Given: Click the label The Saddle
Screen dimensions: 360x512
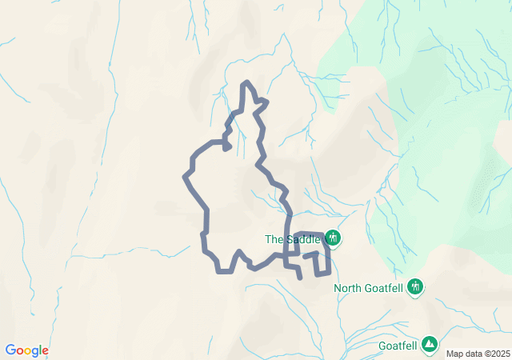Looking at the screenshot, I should coord(293,239).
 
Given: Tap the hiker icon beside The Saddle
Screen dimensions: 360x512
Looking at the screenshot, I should coord(333,238).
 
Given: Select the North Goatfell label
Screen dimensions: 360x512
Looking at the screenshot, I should coord(368,288).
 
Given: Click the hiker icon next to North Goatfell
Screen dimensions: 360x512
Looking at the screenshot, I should coord(415,286).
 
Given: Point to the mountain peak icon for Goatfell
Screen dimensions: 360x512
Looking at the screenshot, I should coord(430,344).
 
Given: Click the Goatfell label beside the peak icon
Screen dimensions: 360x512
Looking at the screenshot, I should coord(398,346).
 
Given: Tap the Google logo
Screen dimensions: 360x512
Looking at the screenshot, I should coord(26,350).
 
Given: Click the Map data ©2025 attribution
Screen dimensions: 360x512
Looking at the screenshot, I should coord(477,354).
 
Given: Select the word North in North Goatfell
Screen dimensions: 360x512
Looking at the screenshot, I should coord(349,288).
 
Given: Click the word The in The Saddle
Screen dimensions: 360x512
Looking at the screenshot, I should coord(274,239).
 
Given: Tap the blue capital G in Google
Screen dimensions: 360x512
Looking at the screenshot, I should coord(10,350).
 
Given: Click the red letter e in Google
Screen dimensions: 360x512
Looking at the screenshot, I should coord(45,351).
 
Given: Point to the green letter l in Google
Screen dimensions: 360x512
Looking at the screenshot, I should coord(40,350).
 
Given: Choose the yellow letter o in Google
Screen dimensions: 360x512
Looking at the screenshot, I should coord(27,351).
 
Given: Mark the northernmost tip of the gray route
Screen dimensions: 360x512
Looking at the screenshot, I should coord(246,82).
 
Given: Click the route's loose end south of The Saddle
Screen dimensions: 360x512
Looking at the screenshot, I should coord(299,278).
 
